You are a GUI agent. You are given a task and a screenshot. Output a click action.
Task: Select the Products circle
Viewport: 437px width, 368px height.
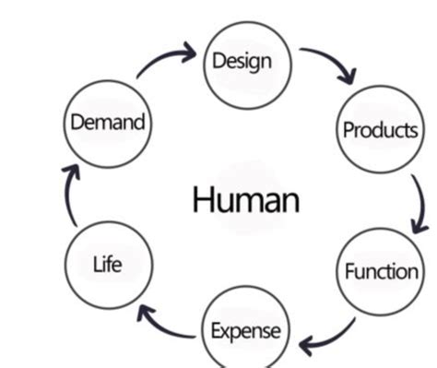click(379, 129)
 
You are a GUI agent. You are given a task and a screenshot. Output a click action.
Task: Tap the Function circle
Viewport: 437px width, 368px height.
click(380, 270)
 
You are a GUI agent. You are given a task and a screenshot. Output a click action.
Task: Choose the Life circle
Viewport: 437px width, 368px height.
click(107, 265)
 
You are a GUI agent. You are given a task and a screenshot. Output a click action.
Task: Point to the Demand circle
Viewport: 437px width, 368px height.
click(107, 122)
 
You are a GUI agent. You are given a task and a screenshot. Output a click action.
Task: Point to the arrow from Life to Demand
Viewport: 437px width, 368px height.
click(66, 194)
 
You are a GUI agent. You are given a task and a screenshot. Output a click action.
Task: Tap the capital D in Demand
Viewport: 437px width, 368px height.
click(76, 122)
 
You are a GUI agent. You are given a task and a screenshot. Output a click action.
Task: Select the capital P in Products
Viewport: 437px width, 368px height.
click(348, 130)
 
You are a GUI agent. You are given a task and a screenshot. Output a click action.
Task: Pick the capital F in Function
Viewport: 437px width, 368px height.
click(349, 270)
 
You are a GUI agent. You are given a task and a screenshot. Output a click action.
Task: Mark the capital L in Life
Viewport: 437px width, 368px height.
click(96, 265)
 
